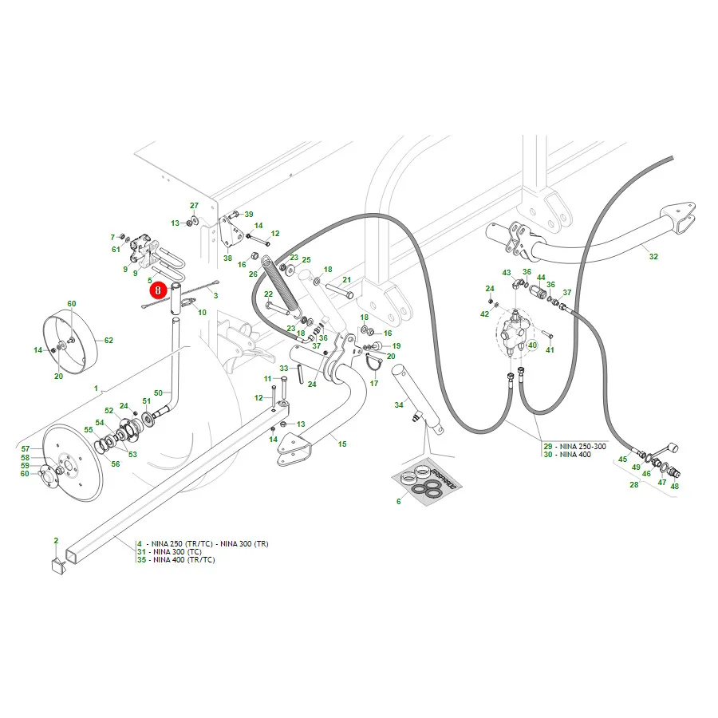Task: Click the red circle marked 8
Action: [157, 290]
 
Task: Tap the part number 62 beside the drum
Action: [108, 340]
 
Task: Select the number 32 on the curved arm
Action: [653, 256]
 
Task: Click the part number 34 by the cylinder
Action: [399, 404]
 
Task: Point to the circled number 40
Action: [532, 345]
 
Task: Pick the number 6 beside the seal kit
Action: [398, 502]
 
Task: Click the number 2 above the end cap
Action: [56, 540]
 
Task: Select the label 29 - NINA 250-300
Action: [574, 446]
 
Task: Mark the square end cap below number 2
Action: [59, 565]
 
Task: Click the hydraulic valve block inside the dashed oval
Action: [515, 329]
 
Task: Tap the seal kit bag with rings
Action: [426, 481]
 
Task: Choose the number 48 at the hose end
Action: [674, 486]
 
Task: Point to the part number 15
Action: [342, 444]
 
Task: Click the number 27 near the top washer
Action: [194, 206]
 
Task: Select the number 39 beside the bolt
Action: [249, 215]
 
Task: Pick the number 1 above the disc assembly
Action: [96, 389]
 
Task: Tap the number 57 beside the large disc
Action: [26, 448]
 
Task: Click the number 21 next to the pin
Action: [347, 280]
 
